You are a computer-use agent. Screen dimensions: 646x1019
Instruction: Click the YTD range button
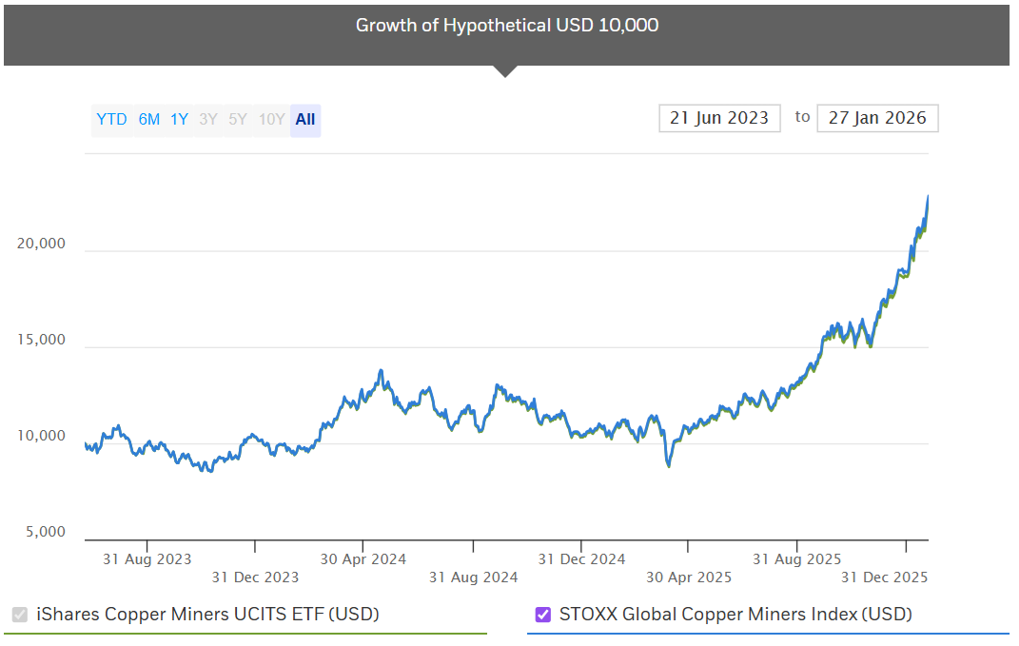(111, 120)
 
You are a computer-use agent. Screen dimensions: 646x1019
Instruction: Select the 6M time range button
(149, 120)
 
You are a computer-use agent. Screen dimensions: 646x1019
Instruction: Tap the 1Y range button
(179, 120)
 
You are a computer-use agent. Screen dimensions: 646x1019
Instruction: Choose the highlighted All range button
(305, 120)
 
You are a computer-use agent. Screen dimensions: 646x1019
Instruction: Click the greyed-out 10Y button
(271, 120)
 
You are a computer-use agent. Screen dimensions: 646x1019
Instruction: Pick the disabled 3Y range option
(207, 120)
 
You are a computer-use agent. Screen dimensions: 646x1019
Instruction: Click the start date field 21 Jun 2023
(719, 118)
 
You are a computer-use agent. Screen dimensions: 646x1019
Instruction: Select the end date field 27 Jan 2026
(877, 118)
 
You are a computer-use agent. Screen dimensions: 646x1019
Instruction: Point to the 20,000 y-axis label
(41, 244)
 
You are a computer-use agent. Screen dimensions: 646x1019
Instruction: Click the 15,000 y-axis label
(41, 340)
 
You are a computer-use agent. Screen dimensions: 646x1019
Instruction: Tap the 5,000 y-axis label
(44, 532)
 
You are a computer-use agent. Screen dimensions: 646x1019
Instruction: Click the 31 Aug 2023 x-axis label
(147, 559)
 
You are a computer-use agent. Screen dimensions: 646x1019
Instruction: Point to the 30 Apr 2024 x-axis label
(363, 559)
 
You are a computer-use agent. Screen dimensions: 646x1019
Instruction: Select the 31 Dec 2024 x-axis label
(581, 559)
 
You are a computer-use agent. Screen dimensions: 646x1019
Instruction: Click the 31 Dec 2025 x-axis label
(885, 577)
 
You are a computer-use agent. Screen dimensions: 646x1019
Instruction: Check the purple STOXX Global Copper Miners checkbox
(543, 615)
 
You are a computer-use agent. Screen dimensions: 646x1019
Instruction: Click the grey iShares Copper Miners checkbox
(20, 615)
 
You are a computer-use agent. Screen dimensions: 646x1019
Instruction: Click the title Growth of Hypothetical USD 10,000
(506, 26)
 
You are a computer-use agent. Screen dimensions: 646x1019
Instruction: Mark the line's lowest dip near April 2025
(669, 466)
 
